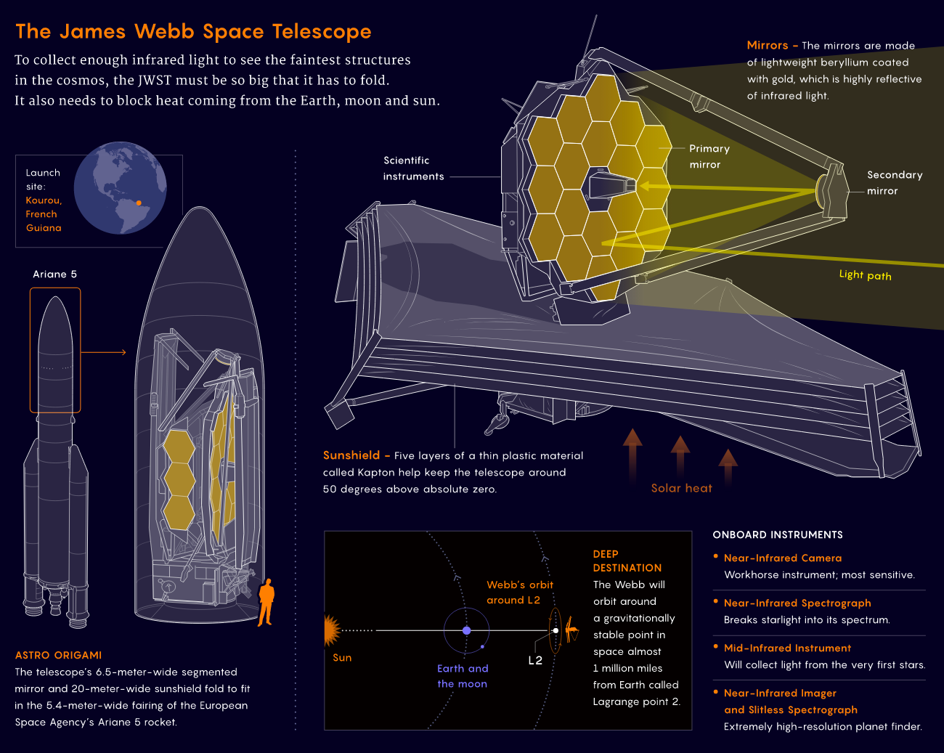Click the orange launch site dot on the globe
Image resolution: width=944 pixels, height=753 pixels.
click(x=139, y=203)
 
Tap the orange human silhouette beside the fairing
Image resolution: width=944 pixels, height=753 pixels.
click(x=266, y=601)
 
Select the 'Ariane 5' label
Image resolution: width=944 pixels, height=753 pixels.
click(x=54, y=274)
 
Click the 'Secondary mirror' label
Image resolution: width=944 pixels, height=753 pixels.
click(x=894, y=183)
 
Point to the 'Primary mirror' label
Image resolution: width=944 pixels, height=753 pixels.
click(x=709, y=156)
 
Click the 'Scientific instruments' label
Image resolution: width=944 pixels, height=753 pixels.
click(x=413, y=168)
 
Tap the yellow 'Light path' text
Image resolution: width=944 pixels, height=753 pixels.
click(x=865, y=274)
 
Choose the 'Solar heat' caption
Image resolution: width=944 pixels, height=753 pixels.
click(x=681, y=488)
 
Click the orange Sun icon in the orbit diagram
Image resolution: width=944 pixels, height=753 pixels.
click(x=332, y=630)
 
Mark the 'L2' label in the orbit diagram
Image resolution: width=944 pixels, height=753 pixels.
click(x=535, y=660)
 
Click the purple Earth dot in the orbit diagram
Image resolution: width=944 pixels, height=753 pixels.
click(x=466, y=630)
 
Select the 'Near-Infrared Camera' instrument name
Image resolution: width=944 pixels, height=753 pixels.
click(x=783, y=558)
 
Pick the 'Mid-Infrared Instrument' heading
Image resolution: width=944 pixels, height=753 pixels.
click(x=787, y=648)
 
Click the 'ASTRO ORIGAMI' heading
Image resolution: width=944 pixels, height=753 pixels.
click(x=59, y=655)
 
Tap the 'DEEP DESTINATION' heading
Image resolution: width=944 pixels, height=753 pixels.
click(x=627, y=561)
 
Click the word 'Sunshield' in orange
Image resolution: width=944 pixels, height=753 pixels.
click(x=351, y=455)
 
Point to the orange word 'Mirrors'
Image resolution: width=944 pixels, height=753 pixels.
click(x=767, y=45)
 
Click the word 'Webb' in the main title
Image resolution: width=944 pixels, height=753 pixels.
click(x=164, y=31)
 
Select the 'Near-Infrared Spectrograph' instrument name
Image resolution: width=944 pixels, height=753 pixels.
click(x=797, y=603)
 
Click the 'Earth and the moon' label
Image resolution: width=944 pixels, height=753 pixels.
click(x=463, y=675)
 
